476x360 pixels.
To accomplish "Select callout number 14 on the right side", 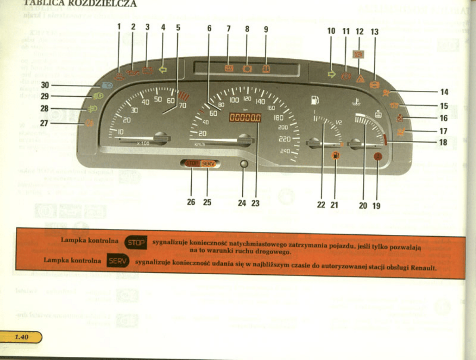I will coord(444,92).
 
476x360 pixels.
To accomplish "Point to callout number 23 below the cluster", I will coord(255,203).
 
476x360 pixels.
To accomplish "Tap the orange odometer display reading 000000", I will coord(246,118).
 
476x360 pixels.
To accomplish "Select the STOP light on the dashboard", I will coord(192,163).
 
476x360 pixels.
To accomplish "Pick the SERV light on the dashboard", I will coord(208,163).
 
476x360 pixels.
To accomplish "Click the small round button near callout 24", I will coord(244,164).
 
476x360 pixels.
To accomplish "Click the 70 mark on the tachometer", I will coord(182,105).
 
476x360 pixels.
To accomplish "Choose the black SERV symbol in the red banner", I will coord(118,261).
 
